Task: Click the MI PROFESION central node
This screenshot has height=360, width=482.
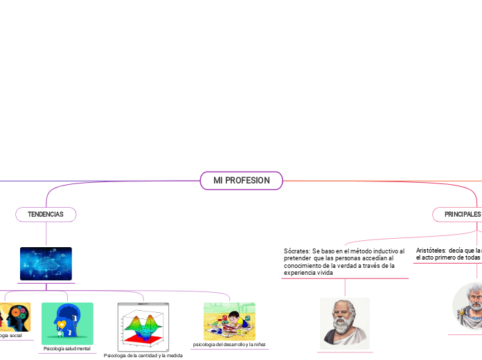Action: point(241,181)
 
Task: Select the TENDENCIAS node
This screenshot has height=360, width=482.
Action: point(46,215)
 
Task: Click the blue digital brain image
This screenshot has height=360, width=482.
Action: point(46,264)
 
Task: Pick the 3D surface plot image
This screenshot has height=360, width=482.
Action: point(144,325)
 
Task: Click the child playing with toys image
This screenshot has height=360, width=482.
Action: point(229,321)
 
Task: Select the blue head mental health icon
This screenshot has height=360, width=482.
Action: point(67,323)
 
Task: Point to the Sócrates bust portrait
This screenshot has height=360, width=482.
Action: point(344,323)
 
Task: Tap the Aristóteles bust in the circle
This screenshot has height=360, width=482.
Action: point(470,305)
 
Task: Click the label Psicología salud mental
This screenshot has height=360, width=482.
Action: point(67,348)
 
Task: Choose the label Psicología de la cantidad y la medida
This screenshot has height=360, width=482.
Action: point(143,355)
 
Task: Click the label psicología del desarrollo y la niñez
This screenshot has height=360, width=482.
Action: point(229,344)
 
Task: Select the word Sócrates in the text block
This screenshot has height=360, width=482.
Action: point(296,251)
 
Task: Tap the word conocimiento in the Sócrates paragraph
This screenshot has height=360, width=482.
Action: point(304,265)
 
